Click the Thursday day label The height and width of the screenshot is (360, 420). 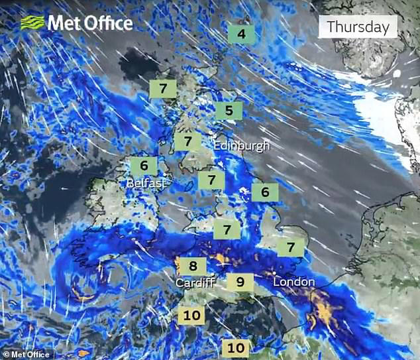(x=358, y=27)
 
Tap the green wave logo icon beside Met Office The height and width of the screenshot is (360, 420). (x=32, y=23)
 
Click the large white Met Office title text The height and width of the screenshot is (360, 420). (x=89, y=23)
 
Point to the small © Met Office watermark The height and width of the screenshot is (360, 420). (x=27, y=354)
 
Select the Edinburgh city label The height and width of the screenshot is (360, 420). (x=241, y=145)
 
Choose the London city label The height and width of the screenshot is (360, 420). (x=293, y=282)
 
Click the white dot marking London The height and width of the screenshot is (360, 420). (x=274, y=272)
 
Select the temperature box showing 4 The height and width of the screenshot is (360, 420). (x=241, y=34)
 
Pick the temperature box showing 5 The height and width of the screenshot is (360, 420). (x=229, y=110)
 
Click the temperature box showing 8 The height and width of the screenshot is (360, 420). (x=193, y=267)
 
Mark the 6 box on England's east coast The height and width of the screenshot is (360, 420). (x=265, y=192)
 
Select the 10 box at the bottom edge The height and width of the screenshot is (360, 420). (x=235, y=347)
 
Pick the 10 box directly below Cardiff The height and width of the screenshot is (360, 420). (x=191, y=316)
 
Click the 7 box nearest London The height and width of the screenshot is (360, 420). (x=290, y=247)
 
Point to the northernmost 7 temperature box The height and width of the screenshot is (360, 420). (x=162, y=88)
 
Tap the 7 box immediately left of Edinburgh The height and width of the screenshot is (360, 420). (x=187, y=141)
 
